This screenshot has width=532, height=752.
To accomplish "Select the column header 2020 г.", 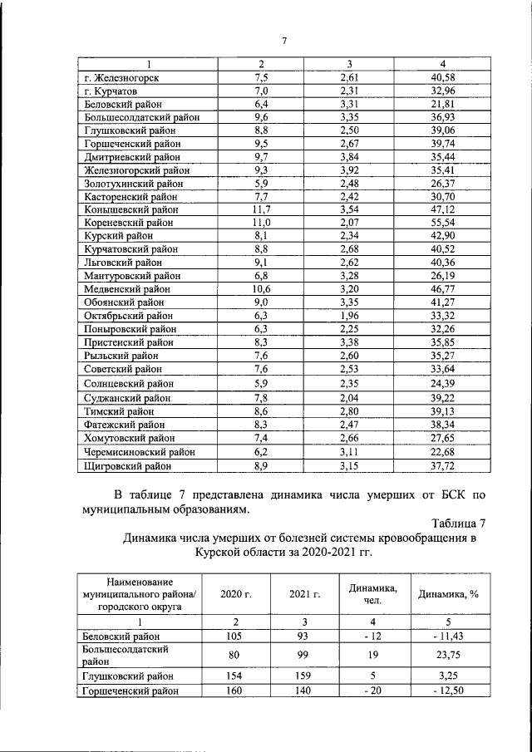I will point(235,594).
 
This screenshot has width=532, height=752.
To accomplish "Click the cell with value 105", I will point(235,635).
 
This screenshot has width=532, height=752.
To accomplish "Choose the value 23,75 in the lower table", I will point(450,653).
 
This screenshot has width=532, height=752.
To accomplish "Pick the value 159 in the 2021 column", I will point(304,676).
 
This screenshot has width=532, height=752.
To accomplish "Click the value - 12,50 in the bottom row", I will point(450,690).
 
